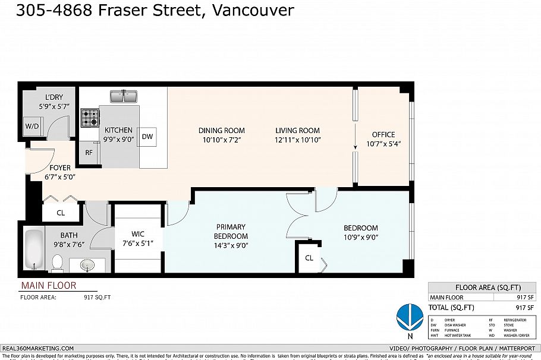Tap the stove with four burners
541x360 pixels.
pos(90,118)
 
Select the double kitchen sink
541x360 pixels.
pos(124,96)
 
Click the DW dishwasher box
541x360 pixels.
pos(148,137)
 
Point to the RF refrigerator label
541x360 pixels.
pos(89,153)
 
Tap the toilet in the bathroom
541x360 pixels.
pos(58,261)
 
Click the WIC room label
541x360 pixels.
pos(137,233)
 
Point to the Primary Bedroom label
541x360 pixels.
pos(231,231)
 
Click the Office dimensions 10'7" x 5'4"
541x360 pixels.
pos(383,143)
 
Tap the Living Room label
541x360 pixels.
pos(297,131)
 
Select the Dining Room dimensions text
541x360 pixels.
pos(221,140)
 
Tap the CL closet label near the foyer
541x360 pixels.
pos(61,212)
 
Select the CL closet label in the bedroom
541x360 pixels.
pos(309,258)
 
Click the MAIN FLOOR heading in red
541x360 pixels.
pos(49,285)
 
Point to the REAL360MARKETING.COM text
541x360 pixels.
pos(39,348)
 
